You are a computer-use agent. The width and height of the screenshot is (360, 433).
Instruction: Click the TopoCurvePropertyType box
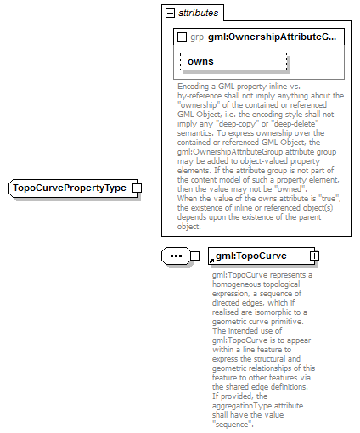67,188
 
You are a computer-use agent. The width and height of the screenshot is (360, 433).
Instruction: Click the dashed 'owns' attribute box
233,61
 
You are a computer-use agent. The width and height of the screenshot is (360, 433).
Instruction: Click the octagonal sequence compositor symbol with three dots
175,255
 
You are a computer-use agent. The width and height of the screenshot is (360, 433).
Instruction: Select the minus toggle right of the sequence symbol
194,255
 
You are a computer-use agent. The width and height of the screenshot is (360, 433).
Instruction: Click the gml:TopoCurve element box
256,255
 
